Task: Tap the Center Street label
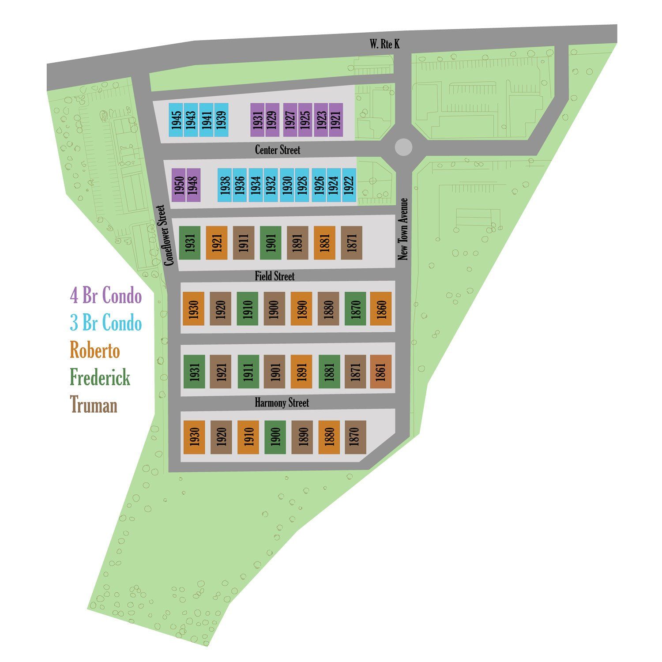click(277, 150)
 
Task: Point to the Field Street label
click(274, 276)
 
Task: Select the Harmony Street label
click(282, 402)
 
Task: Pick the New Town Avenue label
click(403, 229)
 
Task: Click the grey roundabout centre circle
click(403, 147)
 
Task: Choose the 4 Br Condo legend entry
click(106, 296)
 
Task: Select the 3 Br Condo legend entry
click(106, 323)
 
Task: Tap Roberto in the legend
click(95, 351)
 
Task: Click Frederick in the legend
click(100, 378)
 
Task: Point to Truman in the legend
click(94, 405)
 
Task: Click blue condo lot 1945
click(176, 120)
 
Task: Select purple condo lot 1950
click(179, 185)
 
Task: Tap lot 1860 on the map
click(381, 309)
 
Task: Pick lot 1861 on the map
click(381, 372)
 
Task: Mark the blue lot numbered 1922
click(349, 185)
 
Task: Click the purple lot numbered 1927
click(290, 120)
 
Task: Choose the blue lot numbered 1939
click(221, 120)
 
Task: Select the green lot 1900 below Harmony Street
click(275, 437)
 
